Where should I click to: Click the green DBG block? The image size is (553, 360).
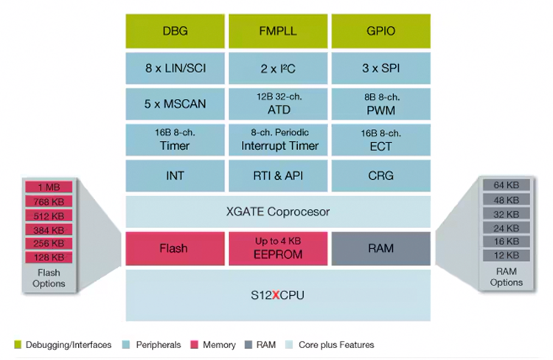pyautogui.click(x=175, y=31)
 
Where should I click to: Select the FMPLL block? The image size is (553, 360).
pyautogui.click(x=278, y=31)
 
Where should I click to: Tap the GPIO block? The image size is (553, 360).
pyautogui.click(x=380, y=31)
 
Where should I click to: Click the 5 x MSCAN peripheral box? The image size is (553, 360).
pyautogui.click(x=175, y=104)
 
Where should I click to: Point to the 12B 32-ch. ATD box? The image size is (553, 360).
pyautogui.click(x=278, y=104)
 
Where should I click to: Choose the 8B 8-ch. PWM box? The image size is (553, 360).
pyautogui.click(x=380, y=104)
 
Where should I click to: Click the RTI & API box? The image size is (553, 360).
pyautogui.click(x=278, y=176)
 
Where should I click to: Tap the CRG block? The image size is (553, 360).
pyautogui.click(x=380, y=176)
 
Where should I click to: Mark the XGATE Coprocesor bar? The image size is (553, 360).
pyautogui.click(x=278, y=212)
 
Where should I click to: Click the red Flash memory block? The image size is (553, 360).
pyautogui.click(x=175, y=249)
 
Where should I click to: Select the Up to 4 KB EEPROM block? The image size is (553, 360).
pyautogui.click(x=278, y=249)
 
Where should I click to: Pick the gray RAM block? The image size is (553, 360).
pyautogui.click(x=380, y=249)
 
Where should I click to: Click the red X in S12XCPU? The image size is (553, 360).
pyautogui.click(x=276, y=295)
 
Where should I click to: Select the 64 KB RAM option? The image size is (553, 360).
pyautogui.click(x=506, y=185)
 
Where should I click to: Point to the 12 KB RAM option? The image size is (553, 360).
pyautogui.click(x=506, y=255)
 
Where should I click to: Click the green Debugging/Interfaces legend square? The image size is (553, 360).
pyautogui.click(x=17, y=345)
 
